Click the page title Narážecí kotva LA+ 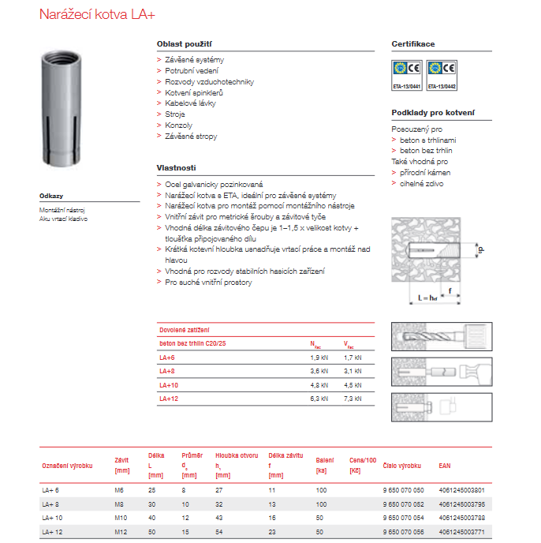tap(106, 14)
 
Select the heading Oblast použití tap(185, 44)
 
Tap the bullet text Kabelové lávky tap(190, 103)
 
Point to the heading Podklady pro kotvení tap(433, 113)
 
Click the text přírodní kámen tap(425, 172)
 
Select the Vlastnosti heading tap(176, 167)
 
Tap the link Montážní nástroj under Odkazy tap(62, 210)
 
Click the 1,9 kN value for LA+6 tap(319, 358)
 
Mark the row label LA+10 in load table tap(170, 386)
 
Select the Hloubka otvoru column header tap(237, 455)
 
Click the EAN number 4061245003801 tap(461, 490)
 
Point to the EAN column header tap(445, 466)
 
